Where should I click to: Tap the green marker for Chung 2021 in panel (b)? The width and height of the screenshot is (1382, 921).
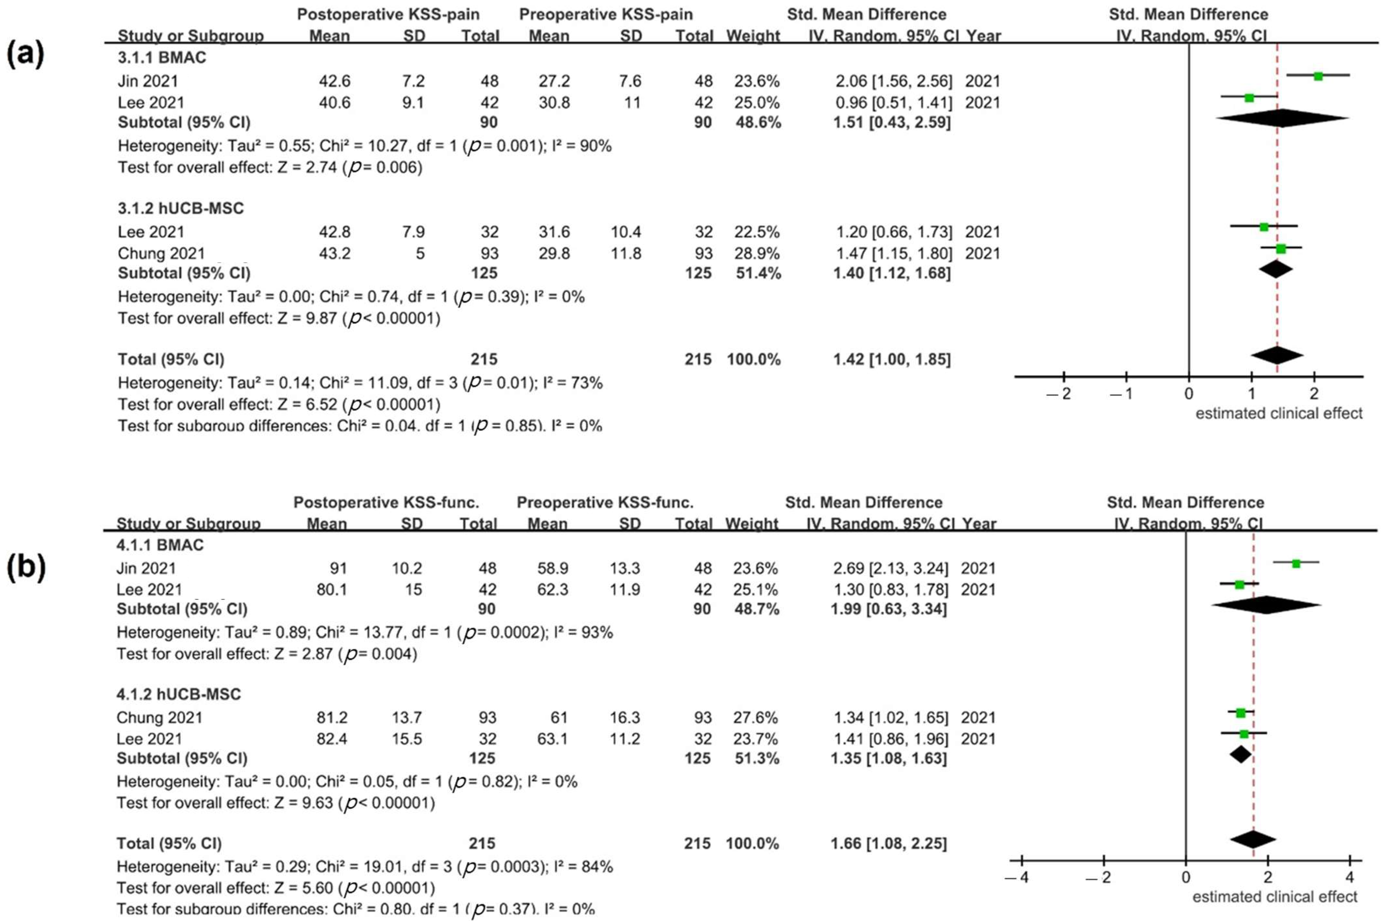coord(1240,712)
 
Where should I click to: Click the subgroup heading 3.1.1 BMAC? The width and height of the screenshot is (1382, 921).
coord(162,59)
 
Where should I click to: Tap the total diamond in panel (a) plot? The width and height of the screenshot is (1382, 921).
coord(1277,355)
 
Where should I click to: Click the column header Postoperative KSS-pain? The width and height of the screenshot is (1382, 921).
coord(388,15)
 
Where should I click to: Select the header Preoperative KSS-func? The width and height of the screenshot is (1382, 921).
coord(605,503)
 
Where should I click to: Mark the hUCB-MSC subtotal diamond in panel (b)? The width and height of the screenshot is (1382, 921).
coord(1240,754)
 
